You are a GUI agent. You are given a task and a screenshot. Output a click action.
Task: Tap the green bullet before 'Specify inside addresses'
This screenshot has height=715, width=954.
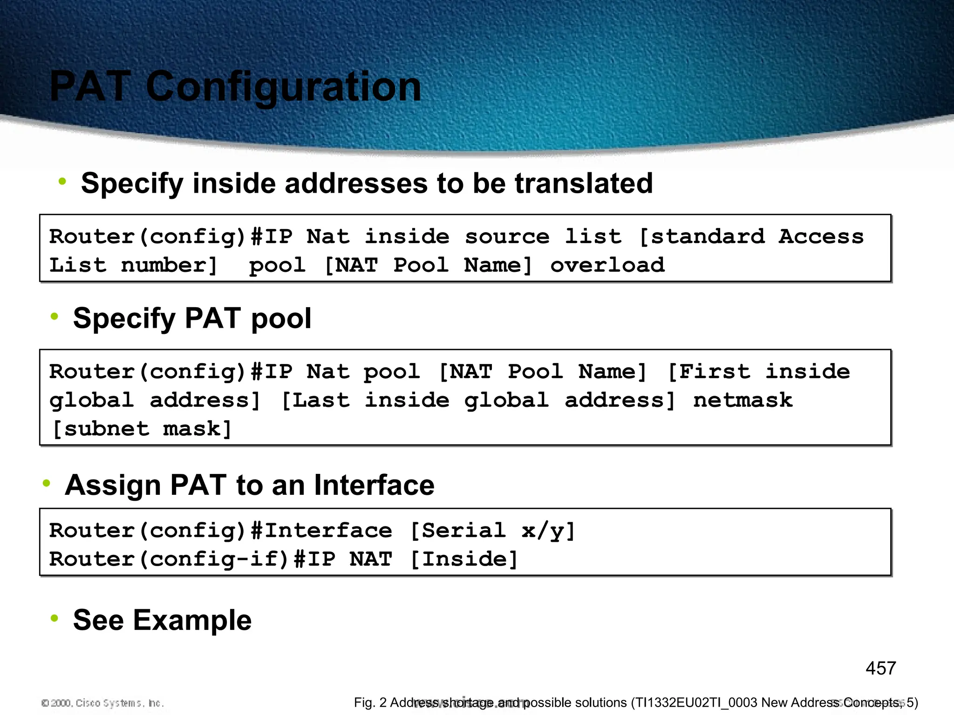[x=62, y=181]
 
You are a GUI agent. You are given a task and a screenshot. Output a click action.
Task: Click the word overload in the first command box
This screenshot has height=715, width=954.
[x=607, y=265]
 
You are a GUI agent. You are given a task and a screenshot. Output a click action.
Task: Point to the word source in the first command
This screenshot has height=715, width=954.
[x=507, y=236]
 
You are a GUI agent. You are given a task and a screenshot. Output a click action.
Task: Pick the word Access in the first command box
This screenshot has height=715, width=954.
[x=821, y=236]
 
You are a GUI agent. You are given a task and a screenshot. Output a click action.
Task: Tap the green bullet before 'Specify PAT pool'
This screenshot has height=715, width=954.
[x=55, y=317]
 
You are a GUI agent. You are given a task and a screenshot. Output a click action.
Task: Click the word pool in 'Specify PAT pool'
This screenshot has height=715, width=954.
[x=281, y=319]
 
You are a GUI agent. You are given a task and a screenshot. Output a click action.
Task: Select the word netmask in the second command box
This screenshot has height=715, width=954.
[x=743, y=400]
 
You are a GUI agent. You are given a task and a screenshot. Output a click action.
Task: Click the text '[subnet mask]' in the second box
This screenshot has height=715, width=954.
[x=142, y=429]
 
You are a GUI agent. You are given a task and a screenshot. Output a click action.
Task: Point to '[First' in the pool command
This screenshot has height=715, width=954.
[x=709, y=371]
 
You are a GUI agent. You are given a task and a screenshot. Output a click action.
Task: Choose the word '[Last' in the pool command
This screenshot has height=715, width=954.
[x=315, y=400]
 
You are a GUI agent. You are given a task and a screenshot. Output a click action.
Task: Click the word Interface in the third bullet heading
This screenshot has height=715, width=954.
[x=374, y=485]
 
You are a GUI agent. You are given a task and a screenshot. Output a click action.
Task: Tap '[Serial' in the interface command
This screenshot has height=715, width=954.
[x=457, y=531]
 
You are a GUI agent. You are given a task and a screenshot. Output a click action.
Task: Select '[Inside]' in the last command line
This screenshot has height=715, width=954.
[x=464, y=559]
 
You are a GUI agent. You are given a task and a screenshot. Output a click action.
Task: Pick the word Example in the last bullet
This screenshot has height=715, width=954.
[x=192, y=620]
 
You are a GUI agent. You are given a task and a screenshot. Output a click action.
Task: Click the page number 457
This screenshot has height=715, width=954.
[x=880, y=668]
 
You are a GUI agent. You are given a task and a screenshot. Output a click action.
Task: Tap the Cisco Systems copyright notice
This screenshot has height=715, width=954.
[x=103, y=703]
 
